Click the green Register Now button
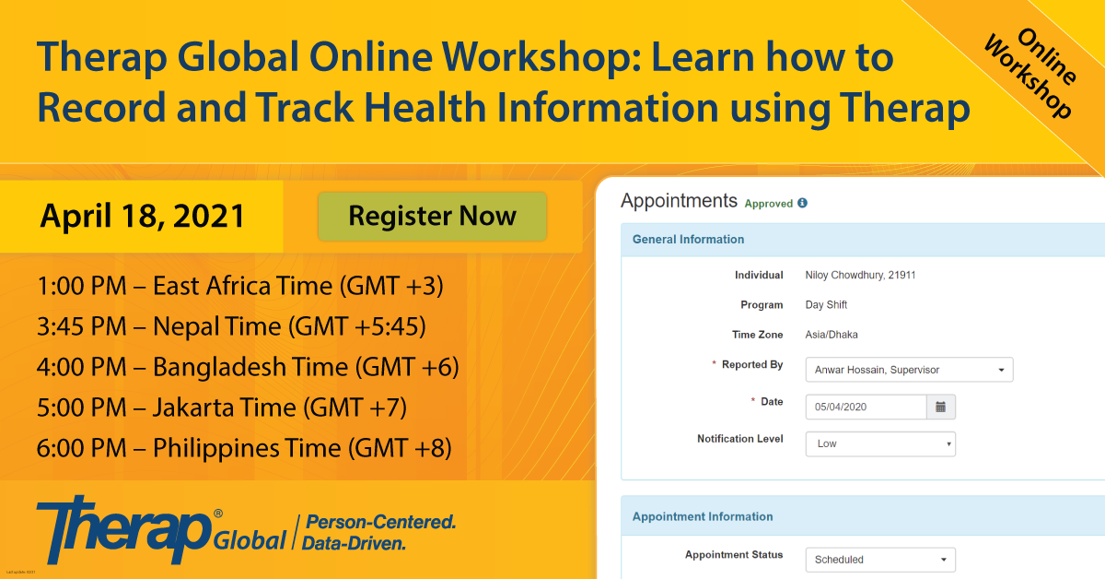pyautogui.click(x=432, y=217)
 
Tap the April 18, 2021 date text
pyautogui.click(x=142, y=216)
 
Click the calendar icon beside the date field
pyautogui.click(x=941, y=407)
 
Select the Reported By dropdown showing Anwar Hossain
pyautogui.click(x=909, y=370)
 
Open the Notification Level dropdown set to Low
pyautogui.click(x=880, y=443)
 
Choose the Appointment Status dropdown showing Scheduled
pyautogui.click(x=880, y=560)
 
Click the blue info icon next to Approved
pyautogui.click(x=803, y=203)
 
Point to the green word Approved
pyautogui.click(x=769, y=204)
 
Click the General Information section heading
pyautogui.click(x=688, y=239)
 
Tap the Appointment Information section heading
pyautogui.click(x=703, y=516)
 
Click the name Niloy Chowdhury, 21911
pyautogui.click(x=860, y=275)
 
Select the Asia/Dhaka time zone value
pyautogui.click(x=832, y=335)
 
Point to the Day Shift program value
pyautogui.click(x=826, y=305)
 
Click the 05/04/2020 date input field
pyautogui.click(x=867, y=407)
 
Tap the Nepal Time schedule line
pyautogui.click(x=231, y=326)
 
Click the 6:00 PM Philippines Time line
pyautogui.click(x=244, y=447)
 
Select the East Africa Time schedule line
pyautogui.click(x=240, y=286)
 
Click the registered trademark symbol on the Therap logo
pyautogui.click(x=217, y=514)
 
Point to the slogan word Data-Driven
pyautogui.click(x=354, y=543)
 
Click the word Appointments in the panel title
pyautogui.click(x=679, y=201)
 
